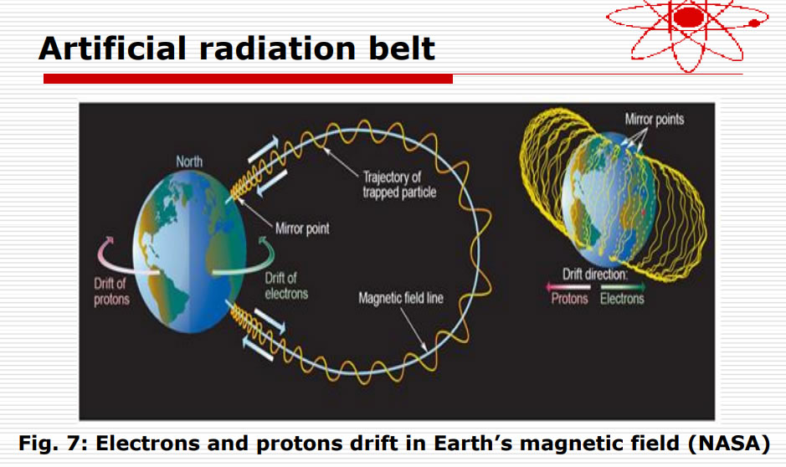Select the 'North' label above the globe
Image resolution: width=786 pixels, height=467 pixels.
189,162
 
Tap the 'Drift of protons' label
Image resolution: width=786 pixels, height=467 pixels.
111,291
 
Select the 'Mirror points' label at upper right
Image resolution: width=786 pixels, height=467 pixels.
654,120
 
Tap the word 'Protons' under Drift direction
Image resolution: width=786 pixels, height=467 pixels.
569,299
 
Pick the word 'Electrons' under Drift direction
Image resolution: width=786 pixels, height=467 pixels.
623,299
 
